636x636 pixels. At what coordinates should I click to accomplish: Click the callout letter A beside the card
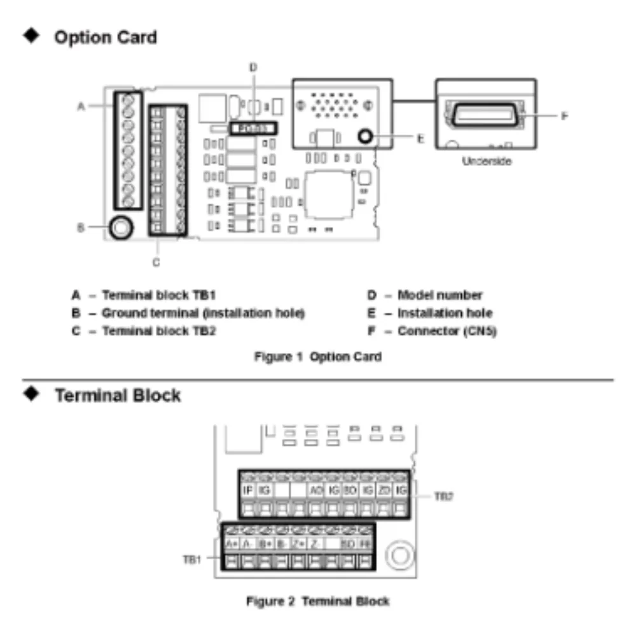coord(81,106)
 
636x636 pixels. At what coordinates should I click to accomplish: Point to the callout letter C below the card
coord(156,261)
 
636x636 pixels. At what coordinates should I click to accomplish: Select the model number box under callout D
coord(253,128)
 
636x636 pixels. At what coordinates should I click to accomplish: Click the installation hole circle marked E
coord(365,136)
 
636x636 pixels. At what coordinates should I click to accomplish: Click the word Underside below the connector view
coord(487,162)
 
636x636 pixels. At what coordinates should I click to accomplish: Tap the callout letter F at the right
coord(563,116)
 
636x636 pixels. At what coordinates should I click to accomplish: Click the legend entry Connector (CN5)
coord(446,331)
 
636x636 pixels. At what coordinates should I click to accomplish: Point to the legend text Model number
coord(439,295)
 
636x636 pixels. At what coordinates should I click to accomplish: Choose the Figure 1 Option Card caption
coord(318,357)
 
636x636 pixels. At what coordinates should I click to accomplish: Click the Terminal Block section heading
coord(118,396)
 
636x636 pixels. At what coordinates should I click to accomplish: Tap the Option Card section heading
coord(106,38)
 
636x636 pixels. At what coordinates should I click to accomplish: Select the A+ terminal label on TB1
coord(232,544)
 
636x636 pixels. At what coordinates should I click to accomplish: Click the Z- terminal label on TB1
coord(315,544)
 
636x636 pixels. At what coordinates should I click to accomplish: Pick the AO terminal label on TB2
coord(315,490)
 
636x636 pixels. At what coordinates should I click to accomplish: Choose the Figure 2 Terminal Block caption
coord(318,600)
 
